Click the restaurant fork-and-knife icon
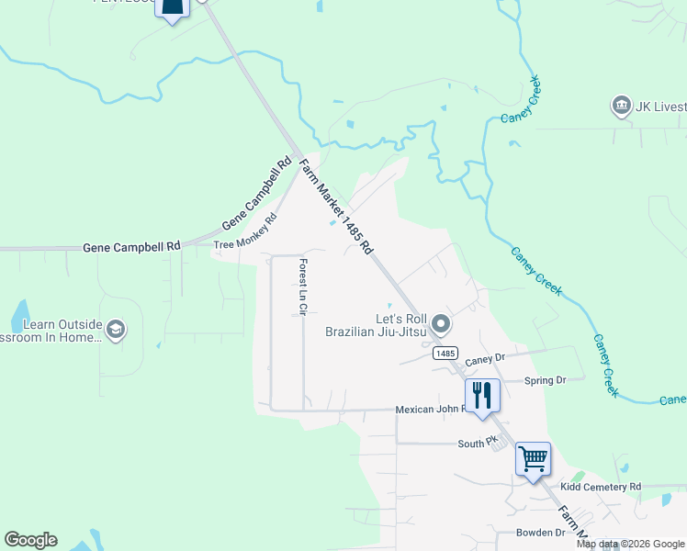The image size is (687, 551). click(x=482, y=396)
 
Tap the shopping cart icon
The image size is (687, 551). click(x=533, y=458)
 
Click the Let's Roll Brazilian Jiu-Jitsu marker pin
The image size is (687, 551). click(x=442, y=324)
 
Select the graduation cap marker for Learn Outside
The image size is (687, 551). click(x=116, y=331)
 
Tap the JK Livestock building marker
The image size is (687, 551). click(x=621, y=107)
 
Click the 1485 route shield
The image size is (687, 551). click(x=445, y=353)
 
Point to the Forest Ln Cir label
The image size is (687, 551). click(x=301, y=288)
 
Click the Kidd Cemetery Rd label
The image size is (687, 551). click(x=600, y=486)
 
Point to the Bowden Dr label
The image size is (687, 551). click(x=541, y=533)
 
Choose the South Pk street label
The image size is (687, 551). click(x=478, y=444)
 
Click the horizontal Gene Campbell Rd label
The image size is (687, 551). click(x=131, y=248)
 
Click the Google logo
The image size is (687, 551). click(x=30, y=540)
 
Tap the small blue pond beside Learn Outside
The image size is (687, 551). click(x=19, y=316)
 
